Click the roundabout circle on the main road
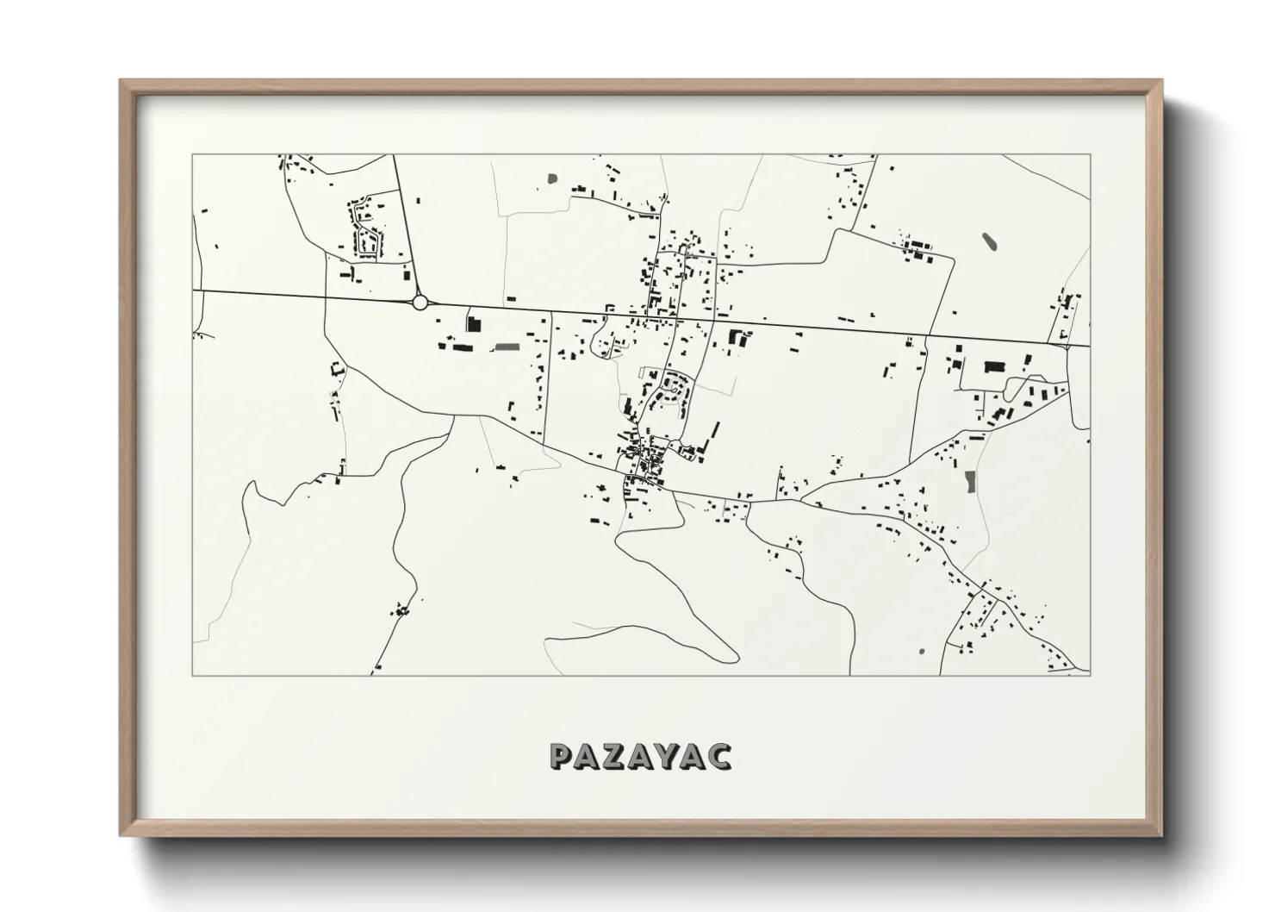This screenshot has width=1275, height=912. (420, 302)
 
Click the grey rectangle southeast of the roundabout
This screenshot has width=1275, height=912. (507, 347)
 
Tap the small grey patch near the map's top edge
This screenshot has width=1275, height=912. (551, 180)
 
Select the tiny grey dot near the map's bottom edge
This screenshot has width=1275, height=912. (922, 651)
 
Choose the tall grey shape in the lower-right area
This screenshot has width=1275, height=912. (971, 481)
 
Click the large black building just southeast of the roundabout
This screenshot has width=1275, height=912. (472, 325)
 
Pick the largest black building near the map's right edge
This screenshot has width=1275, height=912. (996, 367)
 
